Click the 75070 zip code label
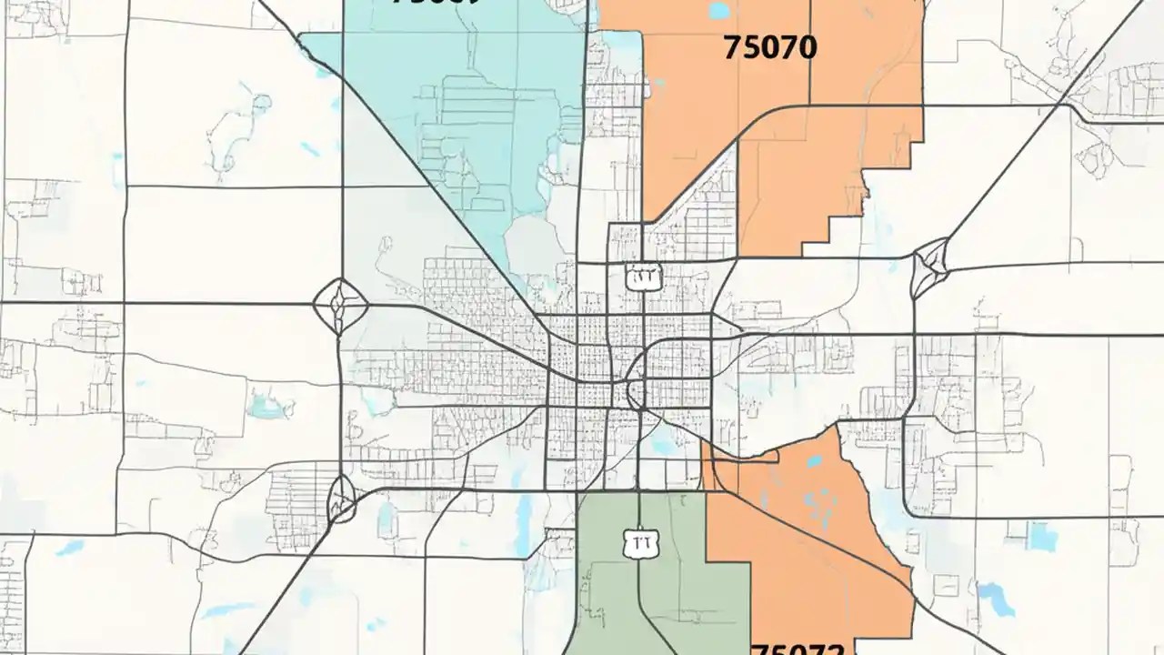(770, 47)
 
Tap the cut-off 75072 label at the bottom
(799, 648)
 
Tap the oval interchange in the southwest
(342, 498)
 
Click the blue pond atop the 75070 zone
(719, 12)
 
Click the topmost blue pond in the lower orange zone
(814, 461)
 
